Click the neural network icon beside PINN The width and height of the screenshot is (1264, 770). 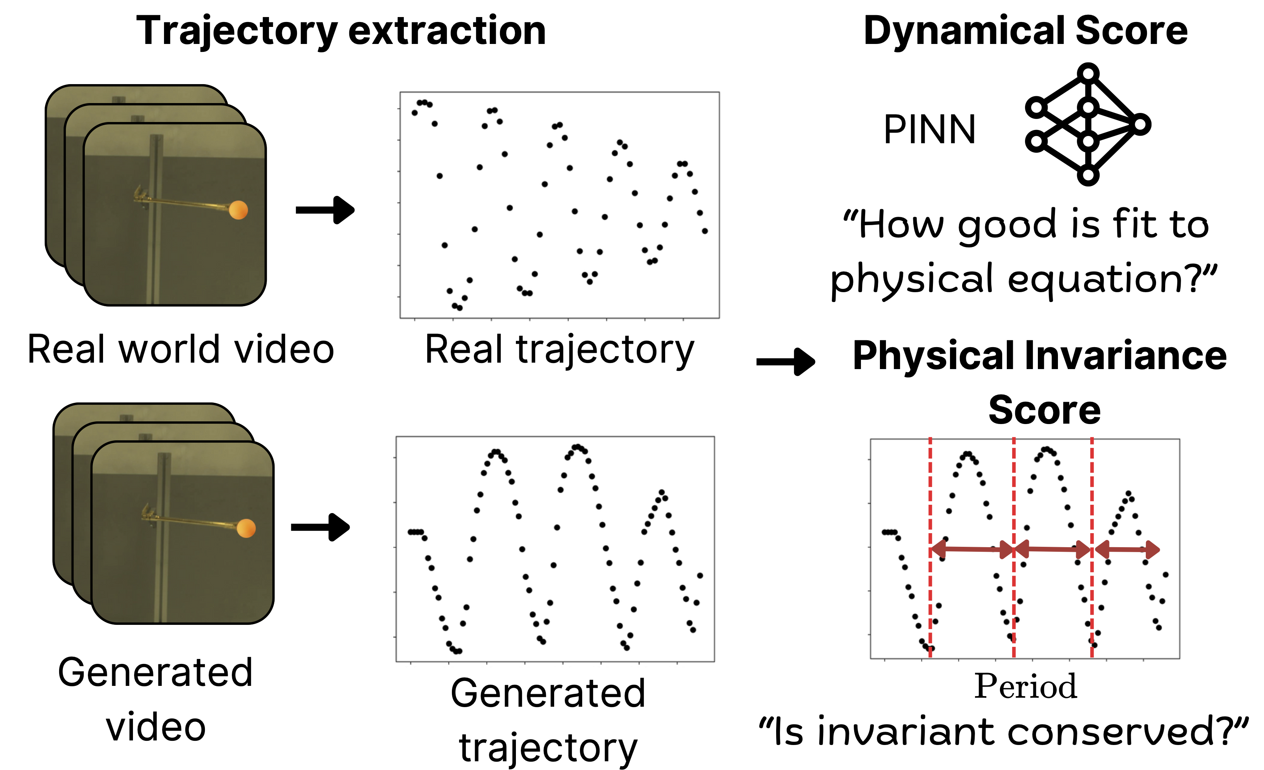1087,124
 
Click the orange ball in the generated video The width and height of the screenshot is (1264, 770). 246,528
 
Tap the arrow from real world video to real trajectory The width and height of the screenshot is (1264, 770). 325,210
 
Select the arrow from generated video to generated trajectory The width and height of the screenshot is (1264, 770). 320,527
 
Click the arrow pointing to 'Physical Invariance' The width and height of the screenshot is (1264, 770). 785,362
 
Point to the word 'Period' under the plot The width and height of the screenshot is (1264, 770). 1025,686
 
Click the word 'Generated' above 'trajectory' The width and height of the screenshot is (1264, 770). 548,693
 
